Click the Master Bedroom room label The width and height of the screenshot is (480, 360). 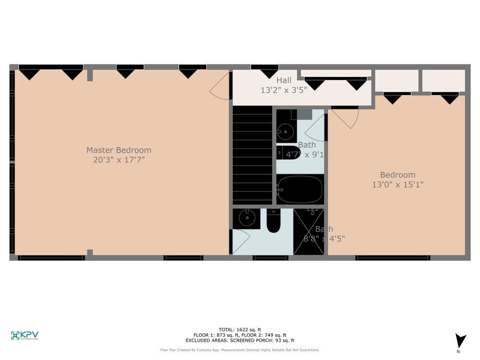[x=119, y=150]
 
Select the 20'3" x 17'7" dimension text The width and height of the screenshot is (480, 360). [x=119, y=160]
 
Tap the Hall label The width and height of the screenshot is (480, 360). [x=283, y=80]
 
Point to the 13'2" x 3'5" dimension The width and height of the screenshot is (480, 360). [x=284, y=90]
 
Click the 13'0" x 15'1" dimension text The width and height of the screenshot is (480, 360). [x=397, y=184]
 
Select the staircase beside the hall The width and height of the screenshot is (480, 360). [x=252, y=155]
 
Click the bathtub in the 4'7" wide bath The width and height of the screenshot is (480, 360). [x=300, y=189]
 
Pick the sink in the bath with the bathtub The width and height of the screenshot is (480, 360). [x=287, y=130]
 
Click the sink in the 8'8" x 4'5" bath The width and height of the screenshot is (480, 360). [x=247, y=219]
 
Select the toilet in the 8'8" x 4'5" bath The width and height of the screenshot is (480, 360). [x=274, y=222]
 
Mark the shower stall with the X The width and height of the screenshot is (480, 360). [x=309, y=231]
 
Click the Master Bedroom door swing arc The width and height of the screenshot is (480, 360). [x=220, y=88]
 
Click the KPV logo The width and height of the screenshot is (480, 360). [x=24, y=336]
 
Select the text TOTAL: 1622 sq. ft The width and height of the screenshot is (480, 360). [x=240, y=329]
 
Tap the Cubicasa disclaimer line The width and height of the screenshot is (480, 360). [x=240, y=350]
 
